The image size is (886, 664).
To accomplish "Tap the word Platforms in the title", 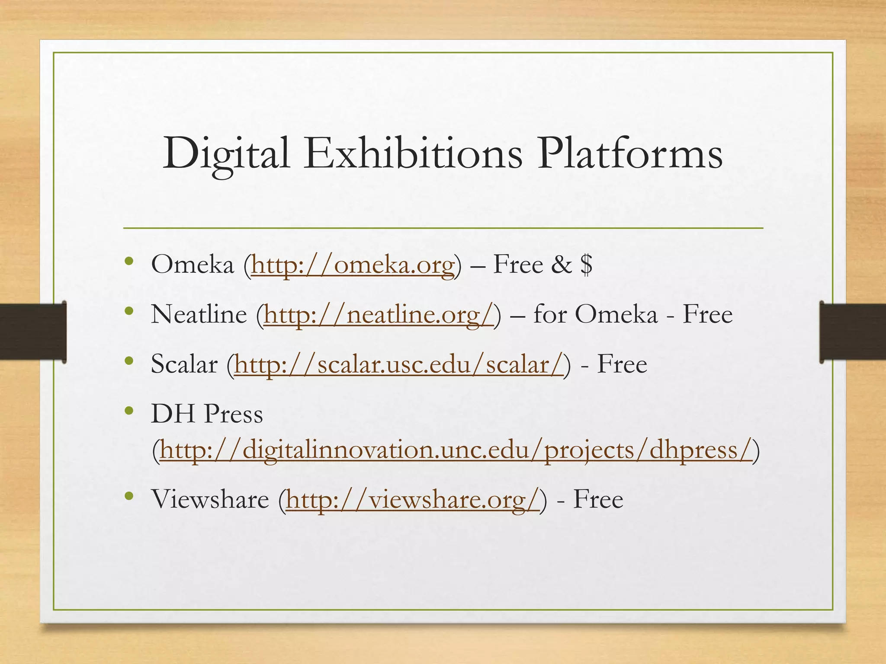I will point(629,153).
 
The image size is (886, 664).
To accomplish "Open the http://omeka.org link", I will point(353,265).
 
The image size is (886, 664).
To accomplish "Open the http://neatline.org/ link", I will point(379,314).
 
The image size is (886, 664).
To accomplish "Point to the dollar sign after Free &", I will point(587,264).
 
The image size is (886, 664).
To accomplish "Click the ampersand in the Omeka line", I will point(561,264).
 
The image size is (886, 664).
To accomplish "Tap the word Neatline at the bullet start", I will point(199,314).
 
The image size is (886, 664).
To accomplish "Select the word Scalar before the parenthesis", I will point(184,364).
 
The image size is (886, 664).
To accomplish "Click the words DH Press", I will point(207,414).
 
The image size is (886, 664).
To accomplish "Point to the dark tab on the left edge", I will point(33,332).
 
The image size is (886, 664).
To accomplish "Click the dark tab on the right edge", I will point(852,332).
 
